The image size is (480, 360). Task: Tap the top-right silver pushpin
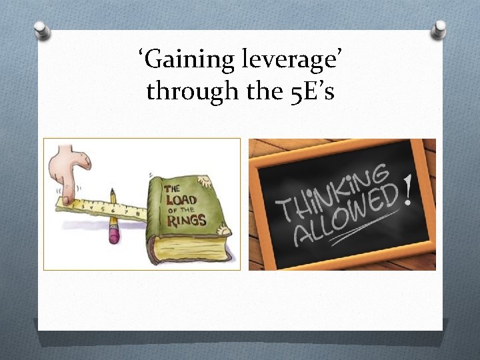(439, 28)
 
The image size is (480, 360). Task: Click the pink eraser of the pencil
(114, 234)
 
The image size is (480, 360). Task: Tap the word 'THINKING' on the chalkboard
(333, 190)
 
